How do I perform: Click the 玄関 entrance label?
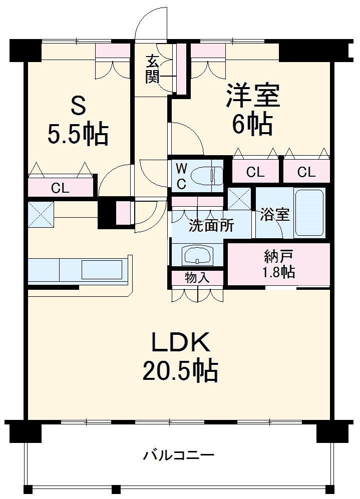[x=152, y=69]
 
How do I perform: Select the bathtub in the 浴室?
[x=309, y=212]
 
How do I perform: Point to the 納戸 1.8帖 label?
[x=279, y=264]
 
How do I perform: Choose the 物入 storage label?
[x=197, y=278]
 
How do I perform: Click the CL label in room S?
[x=60, y=188]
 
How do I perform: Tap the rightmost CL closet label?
[x=306, y=172]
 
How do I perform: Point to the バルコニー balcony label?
[x=178, y=455]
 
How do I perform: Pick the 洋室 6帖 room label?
[x=252, y=109]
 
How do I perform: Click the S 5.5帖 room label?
[x=78, y=121]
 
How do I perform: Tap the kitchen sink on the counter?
[x=102, y=270]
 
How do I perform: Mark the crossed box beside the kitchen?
[x=41, y=215]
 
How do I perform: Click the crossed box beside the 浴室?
[x=240, y=199]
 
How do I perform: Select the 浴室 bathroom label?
[x=275, y=214]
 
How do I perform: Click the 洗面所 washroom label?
[x=211, y=226]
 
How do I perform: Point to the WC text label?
[x=181, y=176]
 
